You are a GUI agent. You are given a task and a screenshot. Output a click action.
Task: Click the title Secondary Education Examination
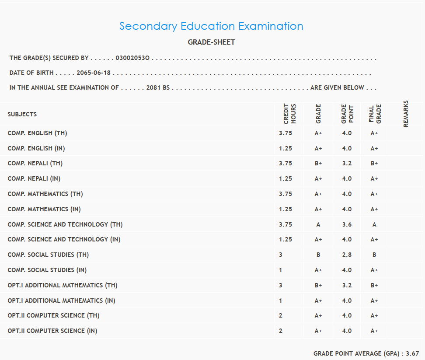(211, 26)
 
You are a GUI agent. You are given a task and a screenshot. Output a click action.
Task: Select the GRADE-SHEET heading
(212, 42)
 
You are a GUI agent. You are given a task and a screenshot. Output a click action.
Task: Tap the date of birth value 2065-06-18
(93, 73)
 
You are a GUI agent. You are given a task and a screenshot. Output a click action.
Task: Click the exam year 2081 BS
(158, 87)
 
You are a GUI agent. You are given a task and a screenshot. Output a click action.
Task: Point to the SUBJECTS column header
(22, 114)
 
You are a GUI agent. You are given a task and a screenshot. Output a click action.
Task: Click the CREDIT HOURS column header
(290, 114)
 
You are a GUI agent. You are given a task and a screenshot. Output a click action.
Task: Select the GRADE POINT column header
(347, 114)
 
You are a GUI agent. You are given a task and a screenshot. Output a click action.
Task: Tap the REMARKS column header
(406, 114)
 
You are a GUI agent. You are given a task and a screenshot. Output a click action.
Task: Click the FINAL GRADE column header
(375, 114)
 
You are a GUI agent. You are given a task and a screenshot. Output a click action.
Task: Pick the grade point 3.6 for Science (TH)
(347, 224)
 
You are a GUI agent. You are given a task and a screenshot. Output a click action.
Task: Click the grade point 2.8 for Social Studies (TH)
(347, 255)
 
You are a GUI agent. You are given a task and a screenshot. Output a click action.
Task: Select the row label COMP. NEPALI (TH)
(35, 164)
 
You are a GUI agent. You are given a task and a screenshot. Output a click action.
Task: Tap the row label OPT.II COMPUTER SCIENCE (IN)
(52, 331)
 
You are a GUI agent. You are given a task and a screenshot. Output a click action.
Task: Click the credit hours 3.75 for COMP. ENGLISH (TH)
(285, 133)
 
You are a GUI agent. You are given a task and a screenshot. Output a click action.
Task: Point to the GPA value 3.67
(412, 353)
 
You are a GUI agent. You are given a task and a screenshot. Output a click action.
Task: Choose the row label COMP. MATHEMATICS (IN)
(44, 209)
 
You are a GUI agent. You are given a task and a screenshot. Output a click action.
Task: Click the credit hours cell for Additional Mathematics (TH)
(281, 285)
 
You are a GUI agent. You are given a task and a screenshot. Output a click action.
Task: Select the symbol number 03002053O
(133, 58)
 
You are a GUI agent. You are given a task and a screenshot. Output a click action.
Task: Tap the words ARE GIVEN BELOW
(337, 87)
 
